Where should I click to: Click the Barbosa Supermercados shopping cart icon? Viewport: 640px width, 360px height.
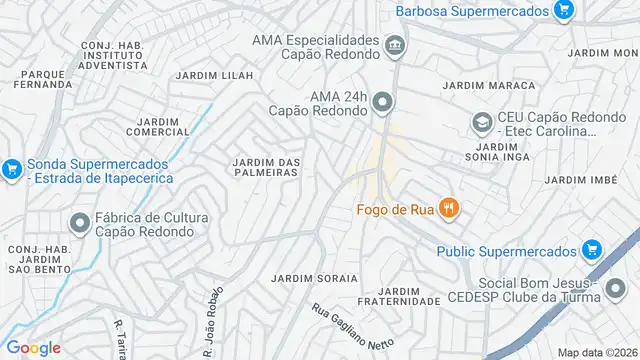coord(564,11)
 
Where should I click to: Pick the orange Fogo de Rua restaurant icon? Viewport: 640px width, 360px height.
coord(449,208)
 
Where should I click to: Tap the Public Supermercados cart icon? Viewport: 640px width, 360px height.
coord(591,250)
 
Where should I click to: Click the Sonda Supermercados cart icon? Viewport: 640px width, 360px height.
coord(12,169)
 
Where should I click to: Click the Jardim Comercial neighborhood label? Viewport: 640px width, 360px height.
coord(158,127)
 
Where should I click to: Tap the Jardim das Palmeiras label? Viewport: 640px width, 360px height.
coord(265,167)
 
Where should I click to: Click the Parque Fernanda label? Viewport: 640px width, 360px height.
coord(41,80)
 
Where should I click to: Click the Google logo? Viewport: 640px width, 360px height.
coord(34,347)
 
